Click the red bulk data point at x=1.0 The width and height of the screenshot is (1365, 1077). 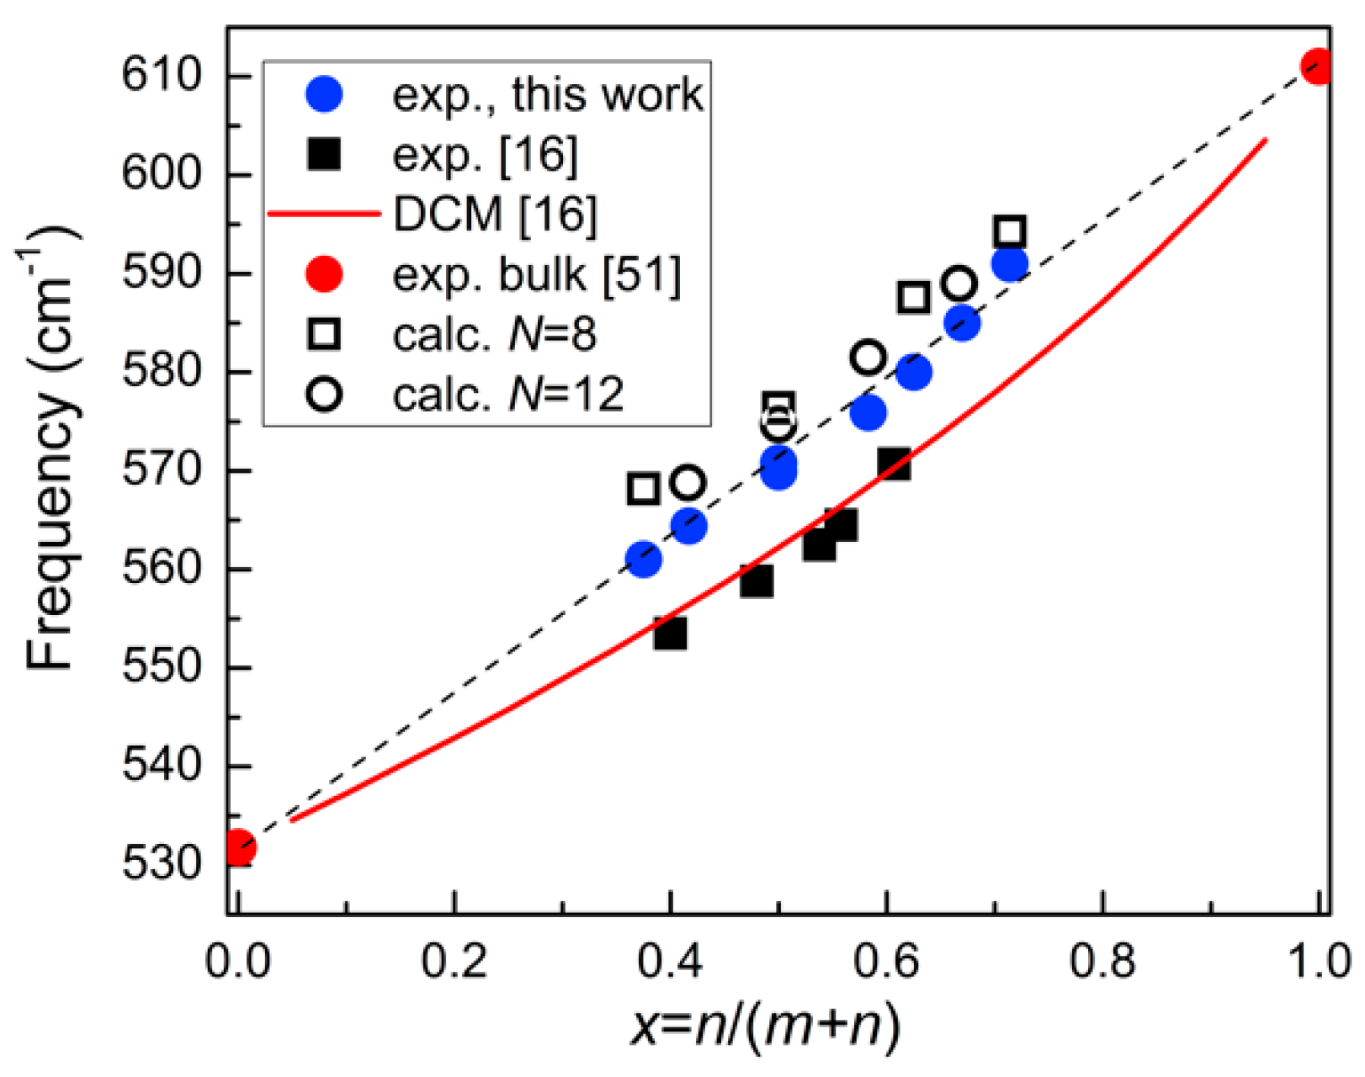(x=1317, y=66)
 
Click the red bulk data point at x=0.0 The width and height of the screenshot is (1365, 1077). (x=239, y=847)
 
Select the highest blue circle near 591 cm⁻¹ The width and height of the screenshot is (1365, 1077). (x=1009, y=264)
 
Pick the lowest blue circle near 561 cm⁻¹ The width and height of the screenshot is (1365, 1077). (x=644, y=560)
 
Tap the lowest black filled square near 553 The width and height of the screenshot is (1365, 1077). (x=670, y=633)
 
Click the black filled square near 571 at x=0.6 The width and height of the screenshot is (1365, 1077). (x=894, y=464)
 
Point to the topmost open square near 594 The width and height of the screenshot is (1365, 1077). (x=1009, y=231)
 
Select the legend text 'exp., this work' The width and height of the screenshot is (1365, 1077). (x=547, y=94)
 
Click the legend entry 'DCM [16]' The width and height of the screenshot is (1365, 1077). (x=495, y=214)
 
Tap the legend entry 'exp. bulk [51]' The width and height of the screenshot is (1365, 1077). (x=536, y=274)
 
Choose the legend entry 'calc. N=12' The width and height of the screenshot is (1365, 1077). (x=507, y=394)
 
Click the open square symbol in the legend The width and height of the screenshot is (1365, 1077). (x=324, y=334)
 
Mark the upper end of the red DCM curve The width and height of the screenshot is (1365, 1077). (x=1265, y=141)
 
